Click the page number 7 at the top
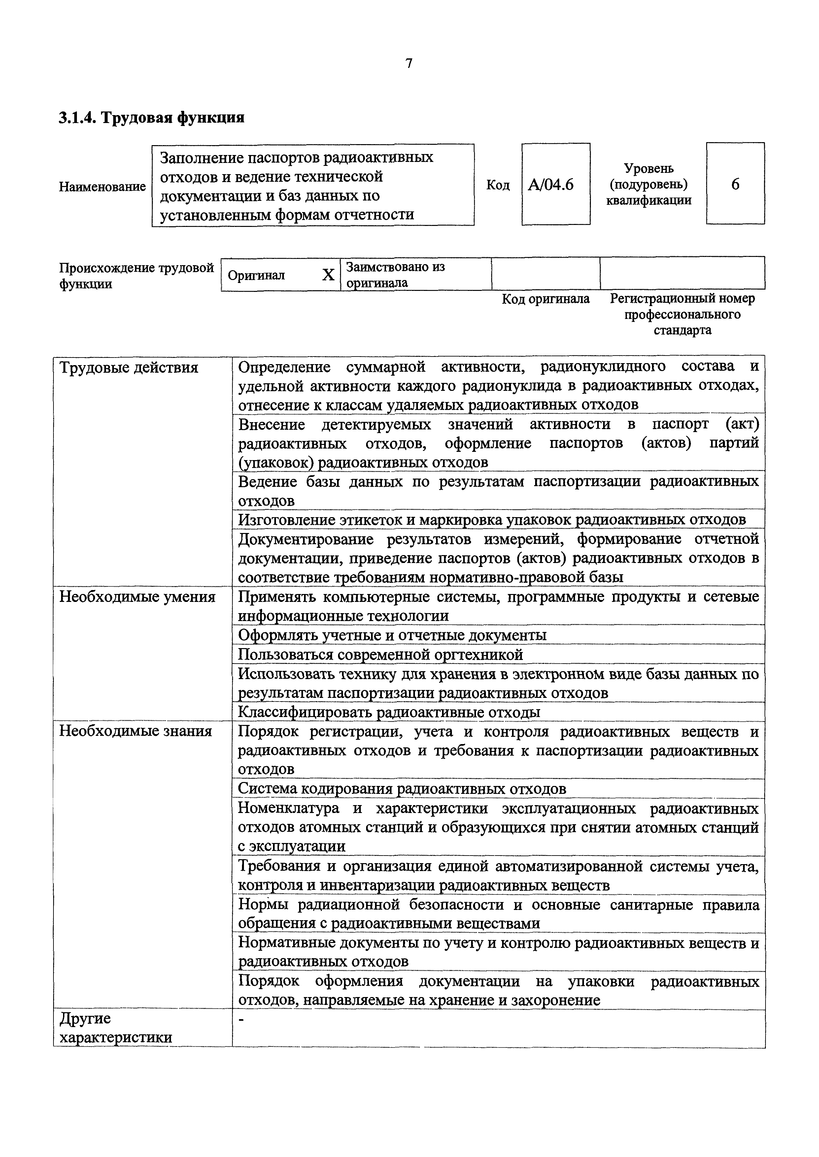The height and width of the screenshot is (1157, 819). pyautogui.click(x=409, y=64)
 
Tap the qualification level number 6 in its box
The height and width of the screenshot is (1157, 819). pyautogui.click(x=735, y=184)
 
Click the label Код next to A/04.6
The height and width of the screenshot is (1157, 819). pyautogui.click(x=498, y=185)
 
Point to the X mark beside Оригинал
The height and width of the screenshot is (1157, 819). pyautogui.click(x=328, y=275)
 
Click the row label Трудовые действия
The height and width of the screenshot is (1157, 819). pyautogui.click(x=129, y=368)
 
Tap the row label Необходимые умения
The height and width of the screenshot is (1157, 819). pyautogui.click(x=137, y=597)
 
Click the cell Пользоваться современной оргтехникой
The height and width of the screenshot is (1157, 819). pyautogui.click(x=380, y=655)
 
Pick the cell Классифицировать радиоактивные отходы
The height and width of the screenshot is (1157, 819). pyautogui.click(x=389, y=712)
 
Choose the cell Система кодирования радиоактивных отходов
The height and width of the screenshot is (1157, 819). pyautogui.click(x=402, y=789)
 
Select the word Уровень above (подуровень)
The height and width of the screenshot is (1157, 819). pyautogui.click(x=649, y=168)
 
